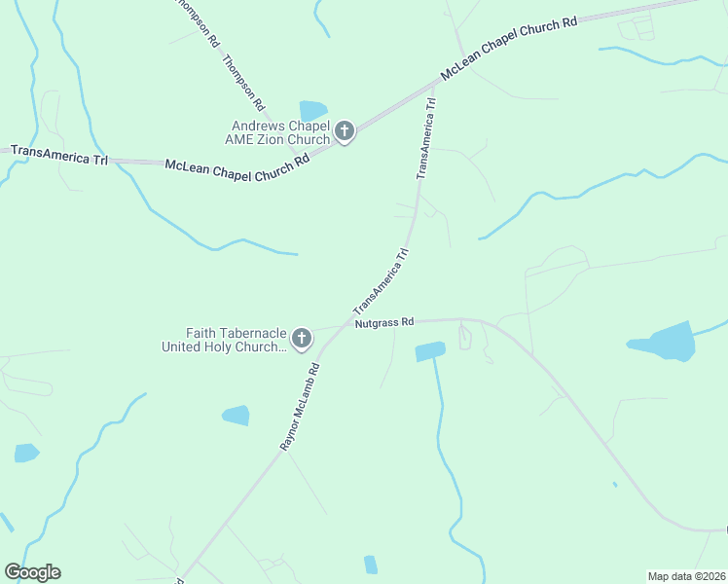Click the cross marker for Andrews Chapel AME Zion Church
344,131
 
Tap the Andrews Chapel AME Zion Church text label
280,132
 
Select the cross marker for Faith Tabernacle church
302,339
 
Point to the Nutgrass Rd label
384,321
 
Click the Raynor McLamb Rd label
301,407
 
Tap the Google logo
32,572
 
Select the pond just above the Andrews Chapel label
313,110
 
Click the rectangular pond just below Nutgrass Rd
429,351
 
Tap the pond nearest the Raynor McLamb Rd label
236,416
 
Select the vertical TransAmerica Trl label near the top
426,137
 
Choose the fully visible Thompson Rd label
243,81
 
